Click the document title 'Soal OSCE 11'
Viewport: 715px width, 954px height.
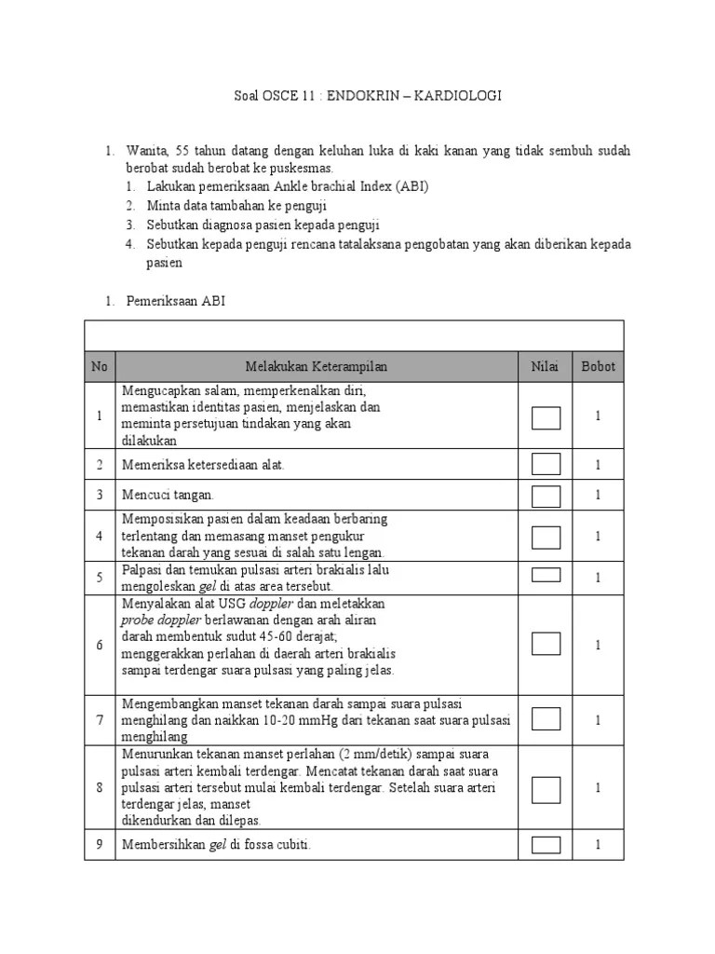click(x=270, y=97)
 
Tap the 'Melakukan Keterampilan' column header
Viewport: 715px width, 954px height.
click(x=317, y=367)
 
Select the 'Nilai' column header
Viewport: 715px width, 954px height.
click(x=546, y=367)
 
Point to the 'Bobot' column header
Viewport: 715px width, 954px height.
click(x=599, y=367)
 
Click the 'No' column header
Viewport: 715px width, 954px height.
click(x=100, y=367)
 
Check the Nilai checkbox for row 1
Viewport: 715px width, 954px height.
click(x=546, y=416)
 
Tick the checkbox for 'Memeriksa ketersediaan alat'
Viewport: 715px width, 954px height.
click(x=546, y=464)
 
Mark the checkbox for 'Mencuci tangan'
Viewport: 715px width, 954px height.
click(x=546, y=496)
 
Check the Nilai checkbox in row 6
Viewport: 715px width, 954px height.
click(x=546, y=644)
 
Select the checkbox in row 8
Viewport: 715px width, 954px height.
click(x=546, y=789)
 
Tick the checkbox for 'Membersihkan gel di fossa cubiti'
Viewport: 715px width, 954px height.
click(x=546, y=845)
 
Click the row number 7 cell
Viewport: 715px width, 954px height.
click(x=100, y=719)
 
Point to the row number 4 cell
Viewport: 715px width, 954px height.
click(x=100, y=536)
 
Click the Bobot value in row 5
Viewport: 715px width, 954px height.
click(x=599, y=578)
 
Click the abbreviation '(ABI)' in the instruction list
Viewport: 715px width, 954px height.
click(x=410, y=185)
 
